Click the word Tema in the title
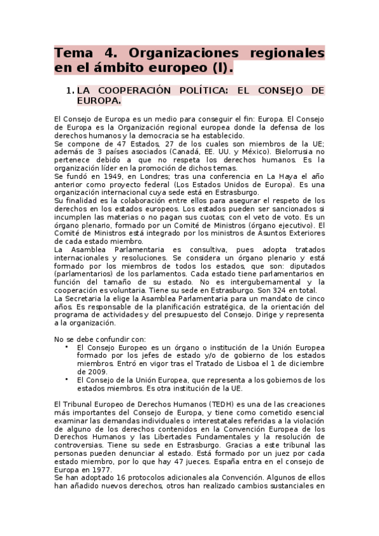tap(73, 52)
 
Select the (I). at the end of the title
tap(221, 68)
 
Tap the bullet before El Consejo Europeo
tap(67, 347)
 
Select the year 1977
tap(102, 470)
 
